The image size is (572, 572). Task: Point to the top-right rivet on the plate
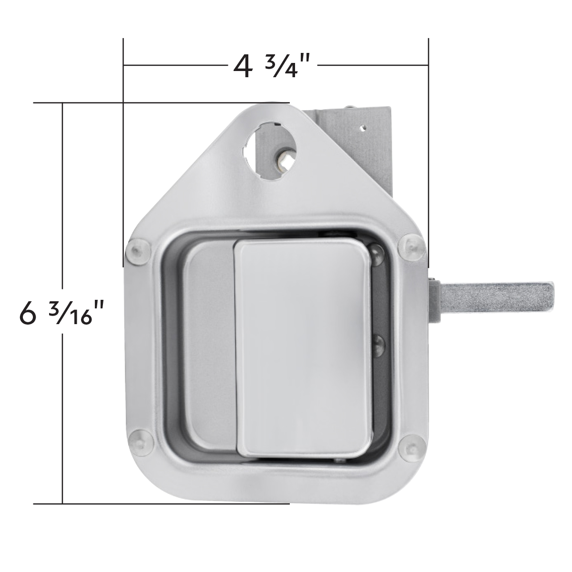point(410,247)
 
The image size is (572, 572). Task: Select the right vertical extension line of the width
point(429,143)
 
